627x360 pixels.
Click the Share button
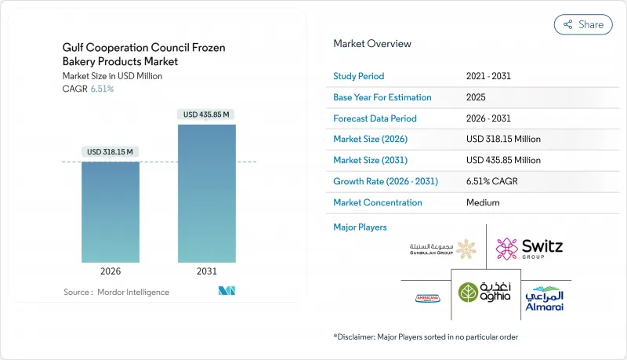(x=583, y=24)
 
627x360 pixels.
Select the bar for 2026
(x=110, y=212)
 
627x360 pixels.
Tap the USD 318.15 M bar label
(x=110, y=151)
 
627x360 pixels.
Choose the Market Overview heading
(x=371, y=44)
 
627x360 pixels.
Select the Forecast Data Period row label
(x=375, y=118)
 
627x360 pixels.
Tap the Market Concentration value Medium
(x=483, y=202)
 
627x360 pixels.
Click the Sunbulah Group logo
(x=442, y=249)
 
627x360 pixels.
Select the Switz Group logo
(x=529, y=249)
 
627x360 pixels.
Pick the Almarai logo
(x=544, y=298)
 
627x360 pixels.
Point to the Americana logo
(x=426, y=298)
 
